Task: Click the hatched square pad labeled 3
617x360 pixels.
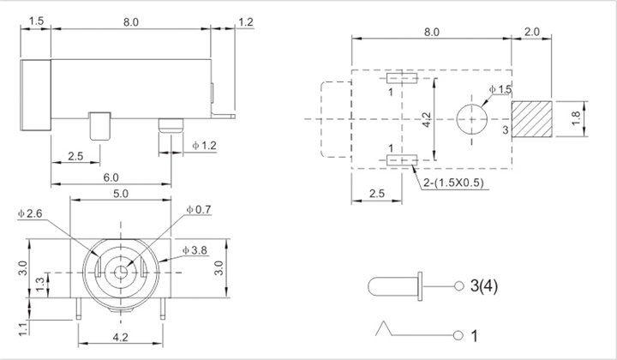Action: pos(531,119)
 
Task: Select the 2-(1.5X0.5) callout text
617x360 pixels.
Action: pos(453,183)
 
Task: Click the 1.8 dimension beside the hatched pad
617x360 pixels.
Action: pos(576,118)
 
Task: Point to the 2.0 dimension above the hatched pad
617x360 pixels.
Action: pos(531,32)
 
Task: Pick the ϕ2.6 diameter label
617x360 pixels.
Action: pos(30,213)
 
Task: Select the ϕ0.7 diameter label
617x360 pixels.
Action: pos(199,210)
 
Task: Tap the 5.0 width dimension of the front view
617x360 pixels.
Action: pos(121,194)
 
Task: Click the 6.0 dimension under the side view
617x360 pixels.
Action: pos(111,177)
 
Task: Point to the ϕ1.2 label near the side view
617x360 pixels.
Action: pos(204,146)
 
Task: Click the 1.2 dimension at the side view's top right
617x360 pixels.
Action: pos(246,22)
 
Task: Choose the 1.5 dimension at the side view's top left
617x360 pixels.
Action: pos(36,21)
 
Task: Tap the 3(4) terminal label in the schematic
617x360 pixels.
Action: pos(484,286)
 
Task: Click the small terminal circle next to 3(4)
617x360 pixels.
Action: pos(459,286)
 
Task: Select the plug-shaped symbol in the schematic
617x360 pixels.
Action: pos(395,286)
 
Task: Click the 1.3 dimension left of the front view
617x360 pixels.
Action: pos(40,285)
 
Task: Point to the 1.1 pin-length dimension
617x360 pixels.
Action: pos(24,328)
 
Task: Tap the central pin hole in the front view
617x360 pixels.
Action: pos(121,272)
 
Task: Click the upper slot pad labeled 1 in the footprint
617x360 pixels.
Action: pos(402,78)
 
